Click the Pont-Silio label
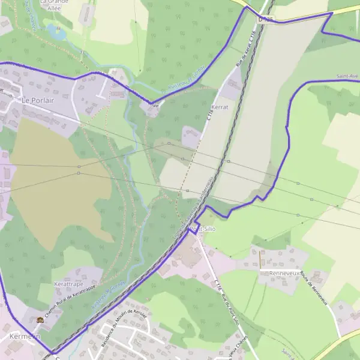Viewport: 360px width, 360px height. (x=202, y=229)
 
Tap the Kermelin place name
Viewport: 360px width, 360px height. (x=24, y=337)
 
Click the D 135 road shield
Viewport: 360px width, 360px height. (x=265, y=19)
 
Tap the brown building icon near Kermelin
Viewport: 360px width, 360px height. (x=40, y=320)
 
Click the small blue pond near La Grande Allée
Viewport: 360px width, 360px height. (x=58, y=33)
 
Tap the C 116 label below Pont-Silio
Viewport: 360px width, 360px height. (x=218, y=277)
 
